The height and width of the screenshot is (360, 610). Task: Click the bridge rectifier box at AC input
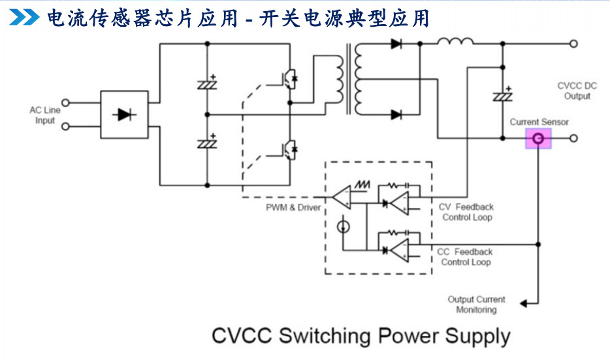click(x=124, y=115)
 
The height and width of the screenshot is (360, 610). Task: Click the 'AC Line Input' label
click(x=45, y=115)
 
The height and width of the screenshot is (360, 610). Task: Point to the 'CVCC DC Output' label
click(x=577, y=91)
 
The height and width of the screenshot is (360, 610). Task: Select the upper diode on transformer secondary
click(x=396, y=44)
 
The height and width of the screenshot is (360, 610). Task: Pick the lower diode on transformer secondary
click(x=396, y=115)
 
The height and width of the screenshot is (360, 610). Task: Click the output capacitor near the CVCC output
click(x=502, y=95)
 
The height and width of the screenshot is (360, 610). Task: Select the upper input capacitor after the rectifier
click(x=208, y=83)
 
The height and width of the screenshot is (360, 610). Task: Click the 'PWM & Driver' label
click(x=293, y=208)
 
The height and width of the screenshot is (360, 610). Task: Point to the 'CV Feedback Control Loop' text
click(x=466, y=212)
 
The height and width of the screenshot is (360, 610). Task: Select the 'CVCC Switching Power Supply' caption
click(x=361, y=336)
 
